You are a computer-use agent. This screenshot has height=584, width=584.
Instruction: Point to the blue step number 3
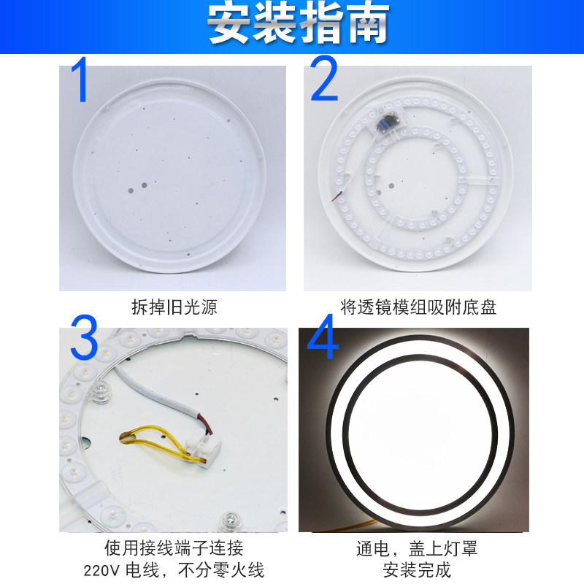[84, 337]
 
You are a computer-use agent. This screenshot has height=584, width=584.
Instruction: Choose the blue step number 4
[322, 337]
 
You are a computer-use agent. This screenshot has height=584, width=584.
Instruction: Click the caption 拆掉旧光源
[174, 307]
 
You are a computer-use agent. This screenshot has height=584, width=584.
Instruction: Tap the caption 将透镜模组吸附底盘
[418, 307]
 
